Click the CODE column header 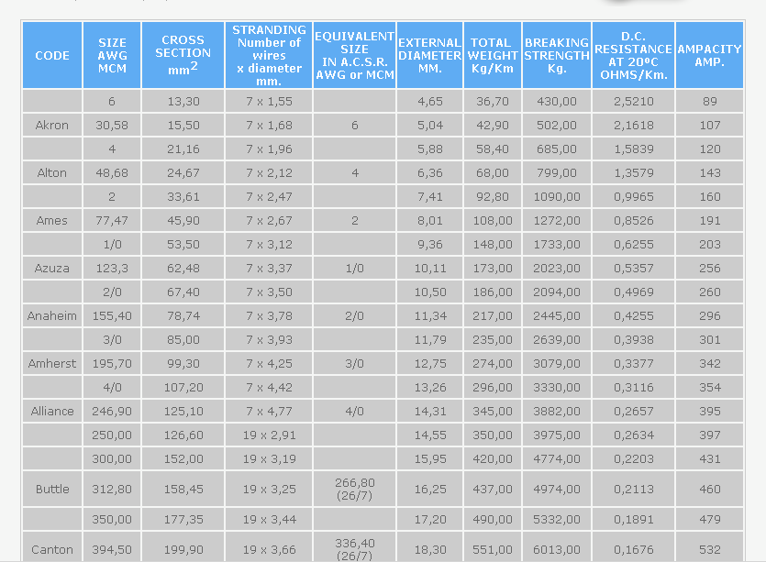pyautogui.click(x=52, y=56)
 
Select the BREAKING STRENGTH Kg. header pyautogui.click(x=557, y=56)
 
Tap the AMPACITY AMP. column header pyautogui.click(x=709, y=56)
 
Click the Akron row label pyautogui.click(x=52, y=126)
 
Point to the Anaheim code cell pyautogui.click(x=52, y=316)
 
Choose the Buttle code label pyautogui.click(x=52, y=490)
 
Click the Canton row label pyautogui.click(x=52, y=550)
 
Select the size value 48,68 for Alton pyautogui.click(x=112, y=173)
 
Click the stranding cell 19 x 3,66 pyautogui.click(x=269, y=550)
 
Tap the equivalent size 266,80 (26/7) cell pyautogui.click(x=354, y=489)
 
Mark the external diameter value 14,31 pyautogui.click(x=429, y=412)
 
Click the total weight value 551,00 pyautogui.click(x=492, y=550)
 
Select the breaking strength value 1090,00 pyautogui.click(x=557, y=197)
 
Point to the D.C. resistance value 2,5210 pyautogui.click(x=634, y=102)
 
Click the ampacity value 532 pyautogui.click(x=709, y=550)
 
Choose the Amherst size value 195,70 pyautogui.click(x=112, y=364)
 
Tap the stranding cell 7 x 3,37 pyautogui.click(x=269, y=269)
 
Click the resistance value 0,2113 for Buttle pyautogui.click(x=634, y=490)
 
